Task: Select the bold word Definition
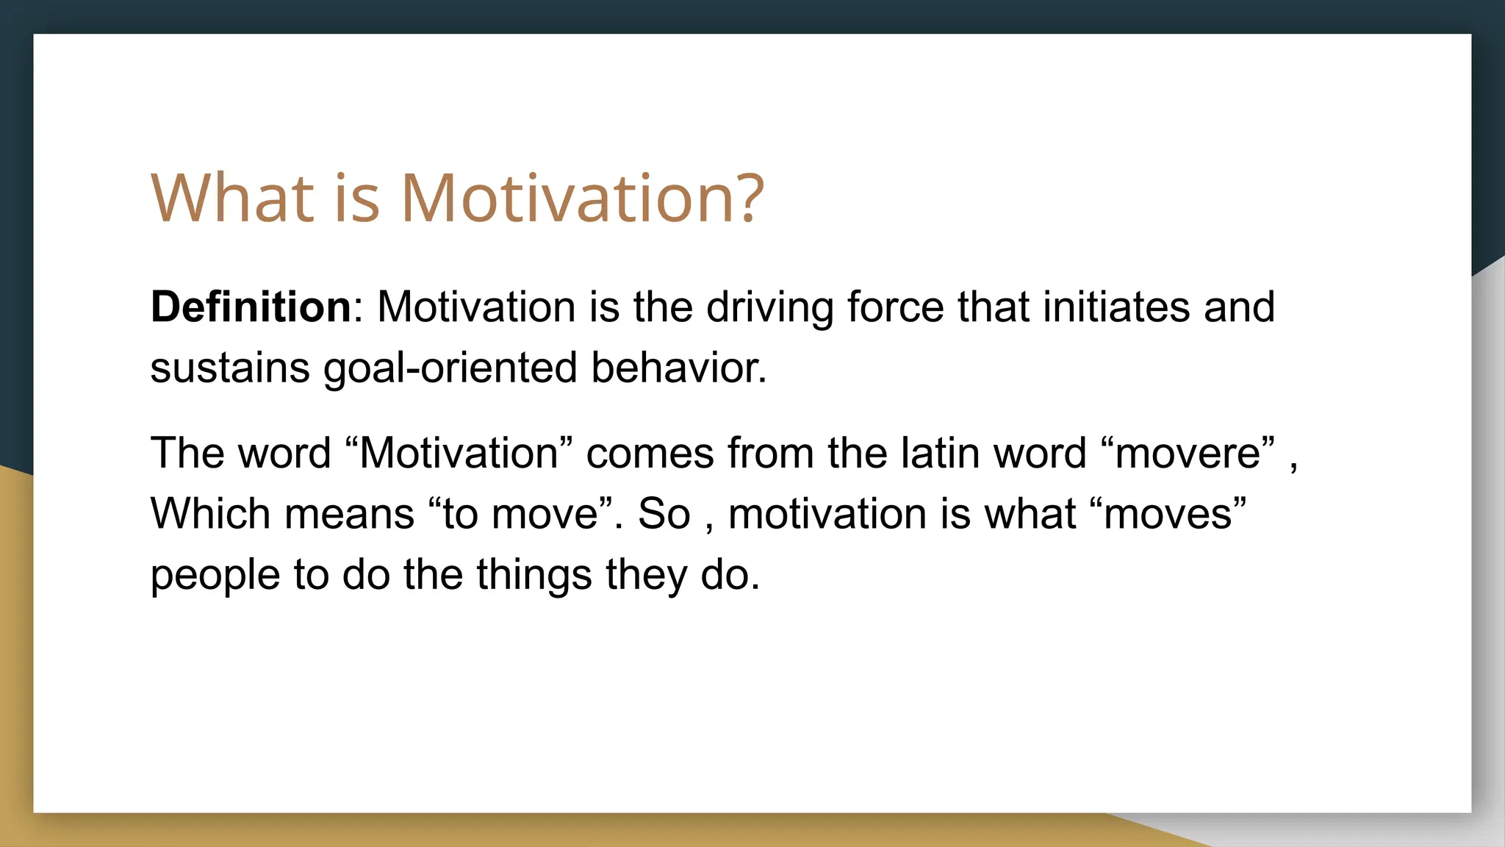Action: [x=251, y=307]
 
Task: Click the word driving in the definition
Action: [x=769, y=308]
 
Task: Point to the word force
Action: [x=895, y=307]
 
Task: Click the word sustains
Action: [x=229, y=368]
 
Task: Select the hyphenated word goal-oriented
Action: [x=450, y=369]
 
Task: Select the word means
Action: [x=349, y=513]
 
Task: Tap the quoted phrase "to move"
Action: [x=520, y=513]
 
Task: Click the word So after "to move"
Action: [x=664, y=513]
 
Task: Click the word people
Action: [x=215, y=576]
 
